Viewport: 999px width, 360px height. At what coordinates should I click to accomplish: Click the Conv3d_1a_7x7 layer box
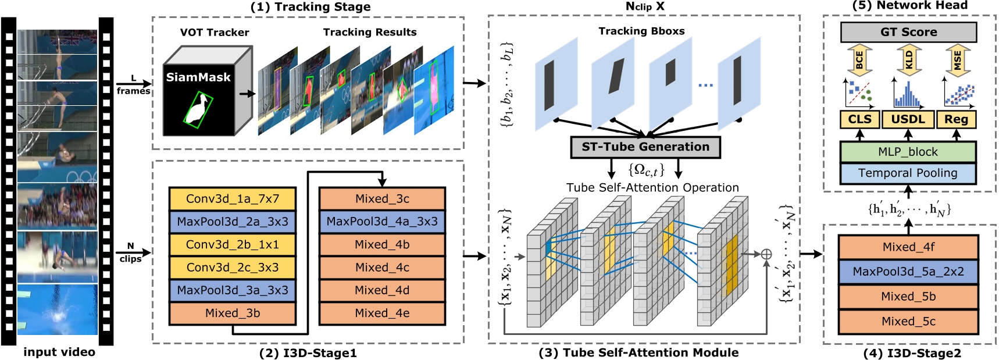coord(233,199)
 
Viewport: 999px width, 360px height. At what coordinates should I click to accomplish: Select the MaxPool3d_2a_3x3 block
coord(233,222)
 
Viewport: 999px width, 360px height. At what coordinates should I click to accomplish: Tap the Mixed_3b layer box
coord(233,313)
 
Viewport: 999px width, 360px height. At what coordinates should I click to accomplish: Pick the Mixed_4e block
coord(382,313)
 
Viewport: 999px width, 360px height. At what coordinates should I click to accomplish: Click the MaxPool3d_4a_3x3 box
coord(382,222)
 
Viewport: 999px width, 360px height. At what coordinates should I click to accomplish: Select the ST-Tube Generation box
coord(645,147)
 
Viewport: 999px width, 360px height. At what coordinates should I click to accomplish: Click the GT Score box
coord(908,33)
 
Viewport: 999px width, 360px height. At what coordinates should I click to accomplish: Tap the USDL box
coord(908,119)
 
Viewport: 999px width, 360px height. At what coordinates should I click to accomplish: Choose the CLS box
coord(859,119)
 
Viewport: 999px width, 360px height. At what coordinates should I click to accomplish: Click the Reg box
coord(956,119)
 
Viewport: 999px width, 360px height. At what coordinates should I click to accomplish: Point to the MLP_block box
coord(908,152)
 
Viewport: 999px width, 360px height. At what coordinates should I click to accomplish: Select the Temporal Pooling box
coord(908,173)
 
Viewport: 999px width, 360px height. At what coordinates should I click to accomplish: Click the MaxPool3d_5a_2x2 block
coord(908,272)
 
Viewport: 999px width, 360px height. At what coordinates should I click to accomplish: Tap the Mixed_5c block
coord(908,322)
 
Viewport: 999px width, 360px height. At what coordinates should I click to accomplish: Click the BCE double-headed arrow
coord(859,60)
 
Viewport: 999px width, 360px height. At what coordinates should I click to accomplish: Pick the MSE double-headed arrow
coord(957,60)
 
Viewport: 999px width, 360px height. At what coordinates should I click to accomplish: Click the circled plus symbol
coord(766,254)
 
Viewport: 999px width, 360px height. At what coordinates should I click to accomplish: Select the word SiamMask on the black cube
coord(198,77)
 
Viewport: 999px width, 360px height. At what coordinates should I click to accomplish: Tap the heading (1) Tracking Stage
coord(311,7)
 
